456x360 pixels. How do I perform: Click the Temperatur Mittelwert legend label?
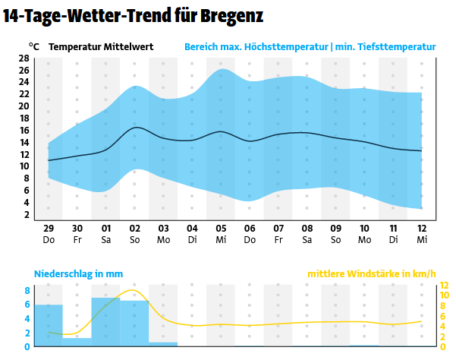click(101, 47)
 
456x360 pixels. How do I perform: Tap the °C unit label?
click(34, 46)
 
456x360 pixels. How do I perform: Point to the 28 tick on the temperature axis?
click(24, 58)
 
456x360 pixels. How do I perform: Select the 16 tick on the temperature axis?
click(24, 131)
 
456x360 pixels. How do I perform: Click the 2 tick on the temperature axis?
click(27, 215)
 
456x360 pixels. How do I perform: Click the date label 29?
click(49, 229)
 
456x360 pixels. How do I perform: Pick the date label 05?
click(221, 229)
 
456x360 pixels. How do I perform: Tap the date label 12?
click(422, 229)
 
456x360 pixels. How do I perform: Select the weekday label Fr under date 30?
click(77, 240)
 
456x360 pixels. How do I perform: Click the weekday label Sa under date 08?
click(307, 240)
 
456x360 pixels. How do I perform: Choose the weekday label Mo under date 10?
click(364, 240)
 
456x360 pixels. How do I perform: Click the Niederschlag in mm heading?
click(78, 274)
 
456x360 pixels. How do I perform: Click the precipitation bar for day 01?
click(106, 322)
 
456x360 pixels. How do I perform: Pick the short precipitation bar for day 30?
click(77, 342)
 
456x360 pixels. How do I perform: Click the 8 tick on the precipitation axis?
click(27, 290)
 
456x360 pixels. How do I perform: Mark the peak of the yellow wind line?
click(134, 290)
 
